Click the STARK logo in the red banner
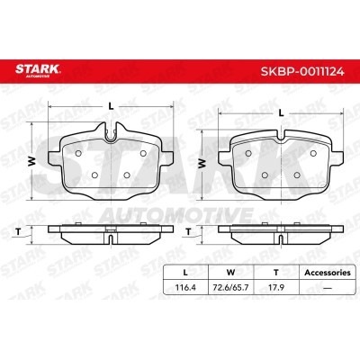tap(38, 70)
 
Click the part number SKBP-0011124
tap(302, 71)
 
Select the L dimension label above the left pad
tap(111, 106)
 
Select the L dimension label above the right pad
tap(281, 112)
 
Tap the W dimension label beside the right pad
tap(202, 164)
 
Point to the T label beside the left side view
tap(18, 231)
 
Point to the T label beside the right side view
tap(188, 231)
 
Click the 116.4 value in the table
tap(185, 287)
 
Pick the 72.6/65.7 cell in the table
tap(230, 287)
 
